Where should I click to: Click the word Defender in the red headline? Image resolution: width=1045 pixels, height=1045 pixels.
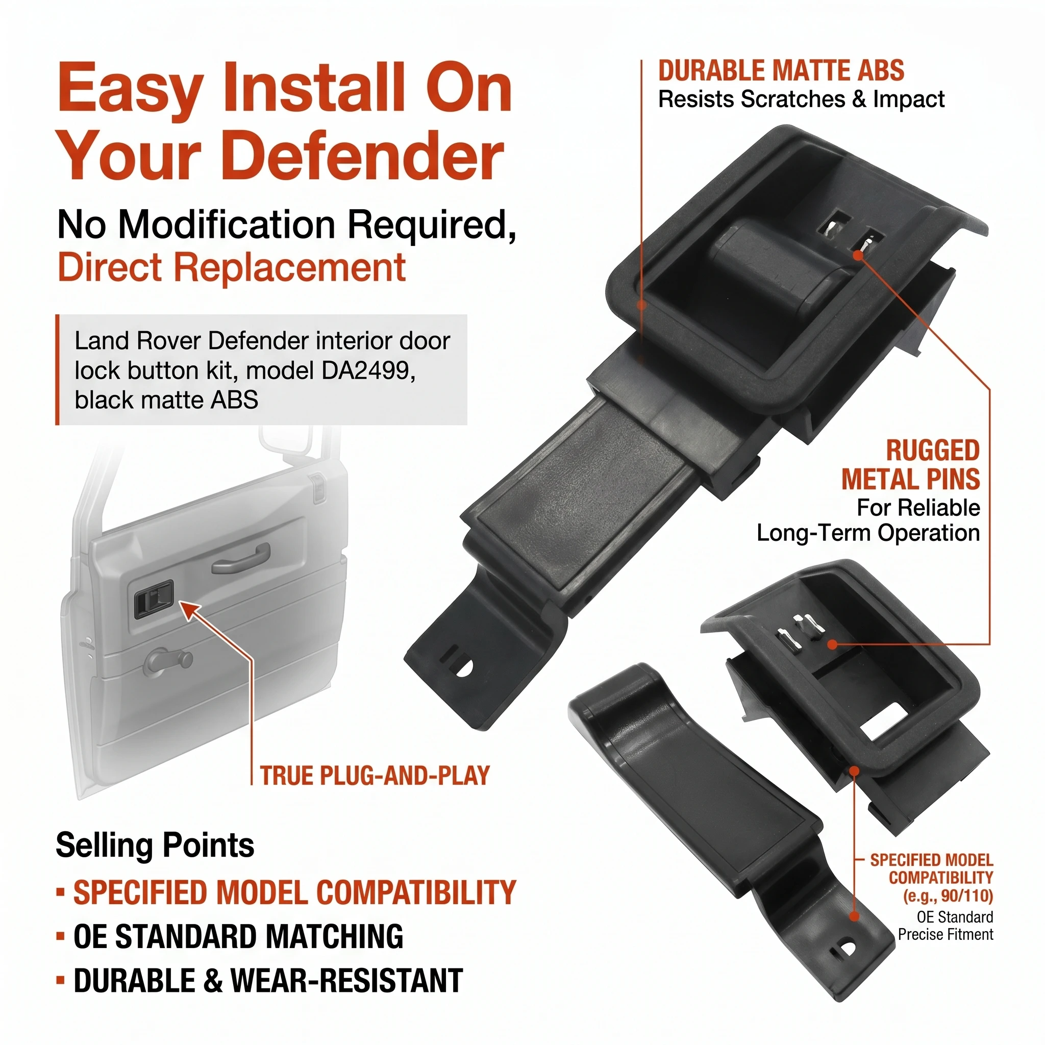(362, 157)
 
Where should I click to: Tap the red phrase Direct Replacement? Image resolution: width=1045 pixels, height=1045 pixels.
(232, 267)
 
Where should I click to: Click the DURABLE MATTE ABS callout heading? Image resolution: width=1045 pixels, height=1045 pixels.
(781, 71)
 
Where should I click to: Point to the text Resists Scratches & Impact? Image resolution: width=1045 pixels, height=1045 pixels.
(801, 99)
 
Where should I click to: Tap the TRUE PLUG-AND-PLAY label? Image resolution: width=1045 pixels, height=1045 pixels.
(375, 776)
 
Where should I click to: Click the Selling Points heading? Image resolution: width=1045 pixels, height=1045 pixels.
(155, 845)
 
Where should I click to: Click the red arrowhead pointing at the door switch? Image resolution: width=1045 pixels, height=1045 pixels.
(189, 611)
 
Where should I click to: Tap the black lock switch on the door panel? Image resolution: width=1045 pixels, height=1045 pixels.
(154, 599)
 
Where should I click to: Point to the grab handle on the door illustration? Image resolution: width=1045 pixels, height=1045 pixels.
(241, 560)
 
